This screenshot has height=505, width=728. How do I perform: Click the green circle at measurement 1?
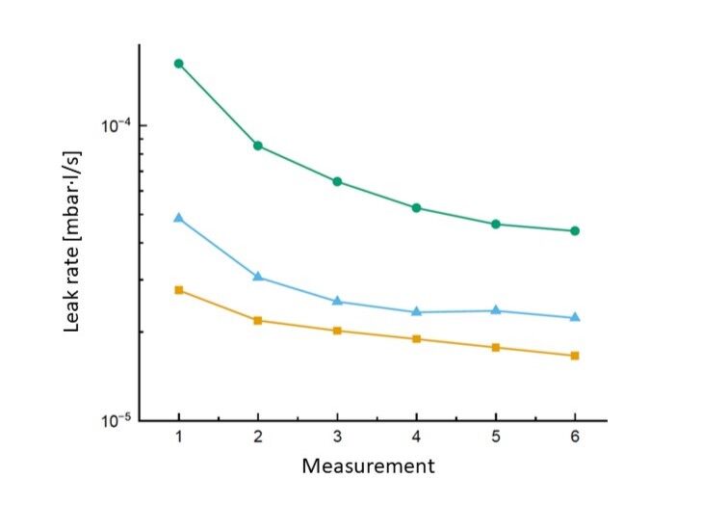[179, 64]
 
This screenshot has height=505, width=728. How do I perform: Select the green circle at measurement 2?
[258, 146]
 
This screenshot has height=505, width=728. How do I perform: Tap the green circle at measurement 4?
[416, 208]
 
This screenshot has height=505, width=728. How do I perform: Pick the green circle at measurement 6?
[575, 231]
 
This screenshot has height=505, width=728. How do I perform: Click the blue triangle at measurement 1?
[179, 219]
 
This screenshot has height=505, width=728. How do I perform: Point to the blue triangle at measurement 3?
[337, 302]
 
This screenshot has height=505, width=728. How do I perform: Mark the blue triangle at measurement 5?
[496, 310]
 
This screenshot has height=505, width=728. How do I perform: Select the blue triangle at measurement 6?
[575, 317]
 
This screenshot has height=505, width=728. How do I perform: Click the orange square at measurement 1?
[179, 290]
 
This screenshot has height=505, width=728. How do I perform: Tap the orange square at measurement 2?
[258, 320]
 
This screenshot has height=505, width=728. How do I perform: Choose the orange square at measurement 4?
[416, 339]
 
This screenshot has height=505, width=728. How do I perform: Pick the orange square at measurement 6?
[575, 356]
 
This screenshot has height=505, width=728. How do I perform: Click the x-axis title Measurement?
[369, 466]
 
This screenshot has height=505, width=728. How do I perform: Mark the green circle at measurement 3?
[337, 181]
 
